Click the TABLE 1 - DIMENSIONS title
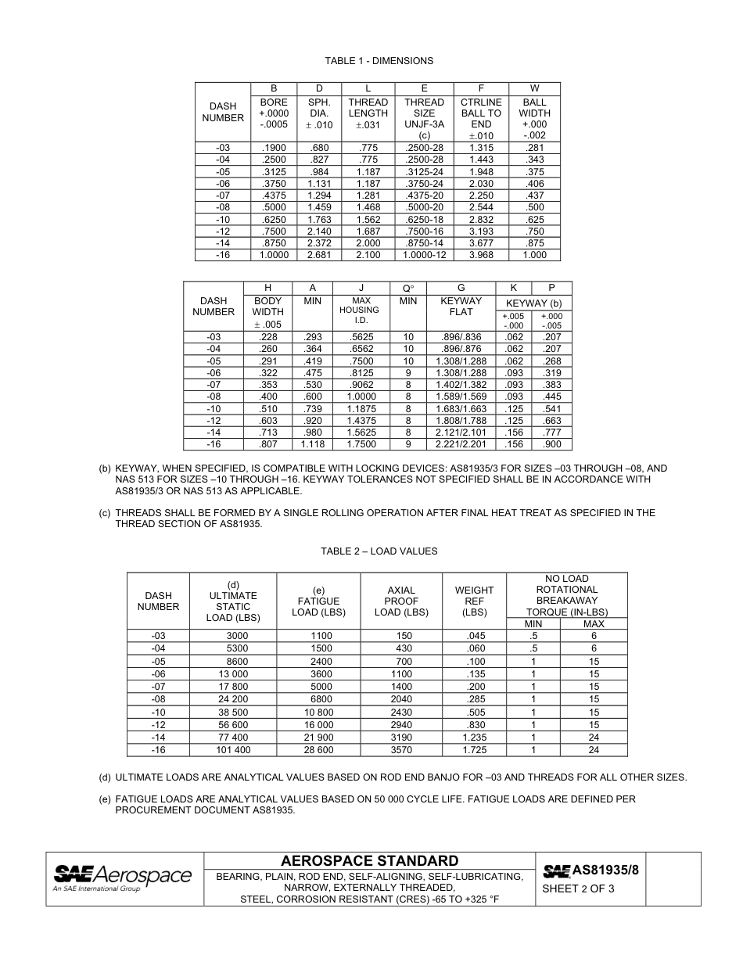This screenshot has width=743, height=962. pos(379,61)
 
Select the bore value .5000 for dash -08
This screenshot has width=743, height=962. pos(274,207)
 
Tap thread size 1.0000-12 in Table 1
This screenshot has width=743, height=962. pos(424,255)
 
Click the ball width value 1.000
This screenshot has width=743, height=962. pos(534,255)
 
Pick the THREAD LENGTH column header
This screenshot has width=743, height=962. pos(368,113)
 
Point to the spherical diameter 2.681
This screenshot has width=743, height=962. pos(319,255)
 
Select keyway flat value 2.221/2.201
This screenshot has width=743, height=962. pos(461,444)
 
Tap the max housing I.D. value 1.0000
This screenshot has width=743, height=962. pos(361,397)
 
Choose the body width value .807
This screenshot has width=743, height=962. pos(267,444)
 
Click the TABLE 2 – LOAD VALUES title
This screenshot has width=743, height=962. pos(379,551)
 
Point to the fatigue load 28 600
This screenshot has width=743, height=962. pos(318,750)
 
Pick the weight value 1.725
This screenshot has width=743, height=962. pos(474,750)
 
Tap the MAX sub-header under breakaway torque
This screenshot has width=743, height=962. pos(594,623)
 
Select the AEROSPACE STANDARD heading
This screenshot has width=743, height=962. pos(370,861)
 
